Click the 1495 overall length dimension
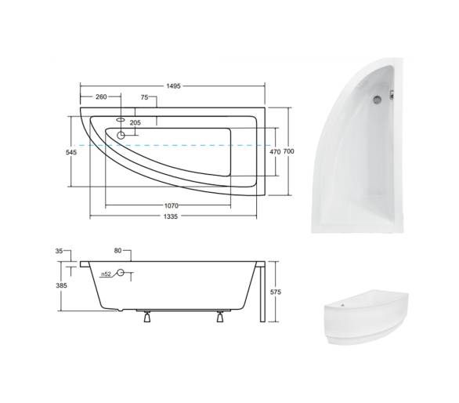point(174,86)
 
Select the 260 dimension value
point(101,96)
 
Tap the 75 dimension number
point(145,97)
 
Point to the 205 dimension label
point(136,122)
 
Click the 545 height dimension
point(71,152)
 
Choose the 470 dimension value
point(275,151)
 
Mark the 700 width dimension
point(289,151)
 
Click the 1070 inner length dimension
point(172,205)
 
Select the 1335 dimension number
point(171,216)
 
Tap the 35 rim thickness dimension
point(59,251)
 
